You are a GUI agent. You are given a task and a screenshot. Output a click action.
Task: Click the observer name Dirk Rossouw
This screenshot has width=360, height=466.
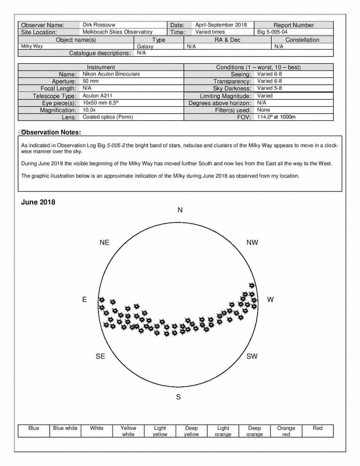click(x=99, y=25)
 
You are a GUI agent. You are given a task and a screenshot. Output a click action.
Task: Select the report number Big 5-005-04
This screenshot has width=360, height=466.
click(x=272, y=32)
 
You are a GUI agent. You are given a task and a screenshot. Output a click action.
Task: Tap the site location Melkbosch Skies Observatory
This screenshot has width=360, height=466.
click(x=117, y=32)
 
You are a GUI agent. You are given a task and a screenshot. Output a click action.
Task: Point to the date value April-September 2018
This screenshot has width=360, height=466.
click(x=221, y=25)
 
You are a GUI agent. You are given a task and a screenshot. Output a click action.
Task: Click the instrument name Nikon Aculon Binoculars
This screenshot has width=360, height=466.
click(x=111, y=74)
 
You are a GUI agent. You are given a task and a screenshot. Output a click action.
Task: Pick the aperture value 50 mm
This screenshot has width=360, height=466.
click(x=90, y=81)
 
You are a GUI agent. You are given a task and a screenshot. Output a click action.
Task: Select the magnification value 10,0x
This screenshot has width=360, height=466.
click(x=89, y=110)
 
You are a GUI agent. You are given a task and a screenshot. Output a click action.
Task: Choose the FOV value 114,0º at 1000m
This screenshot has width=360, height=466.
click(x=276, y=117)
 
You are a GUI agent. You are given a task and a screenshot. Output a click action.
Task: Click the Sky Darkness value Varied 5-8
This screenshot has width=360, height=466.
click(x=269, y=88)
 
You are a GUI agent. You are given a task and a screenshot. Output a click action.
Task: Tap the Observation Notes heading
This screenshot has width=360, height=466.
click(x=51, y=132)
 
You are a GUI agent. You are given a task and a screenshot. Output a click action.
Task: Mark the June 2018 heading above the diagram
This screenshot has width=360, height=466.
click(x=38, y=202)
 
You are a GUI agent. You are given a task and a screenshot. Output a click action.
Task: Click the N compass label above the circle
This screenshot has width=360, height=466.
click(x=180, y=210)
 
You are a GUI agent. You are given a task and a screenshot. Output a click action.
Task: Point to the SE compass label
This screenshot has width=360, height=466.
click(x=100, y=356)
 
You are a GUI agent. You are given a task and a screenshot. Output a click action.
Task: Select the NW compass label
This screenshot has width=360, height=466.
click(x=252, y=243)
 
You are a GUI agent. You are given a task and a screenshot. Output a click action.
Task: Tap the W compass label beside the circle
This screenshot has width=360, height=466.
click(x=270, y=299)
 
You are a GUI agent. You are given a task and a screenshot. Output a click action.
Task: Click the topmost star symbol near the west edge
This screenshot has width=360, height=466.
click(x=252, y=285)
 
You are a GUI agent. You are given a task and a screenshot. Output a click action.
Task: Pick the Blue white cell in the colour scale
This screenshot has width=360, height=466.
click(x=65, y=431)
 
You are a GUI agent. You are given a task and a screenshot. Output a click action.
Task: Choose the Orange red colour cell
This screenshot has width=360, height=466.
click(x=286, y=431)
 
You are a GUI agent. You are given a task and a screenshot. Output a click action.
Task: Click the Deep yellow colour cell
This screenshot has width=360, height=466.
click(x=191, y=431)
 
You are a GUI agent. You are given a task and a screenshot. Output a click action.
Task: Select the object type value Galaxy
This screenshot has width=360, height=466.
click(x=145, y=46)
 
